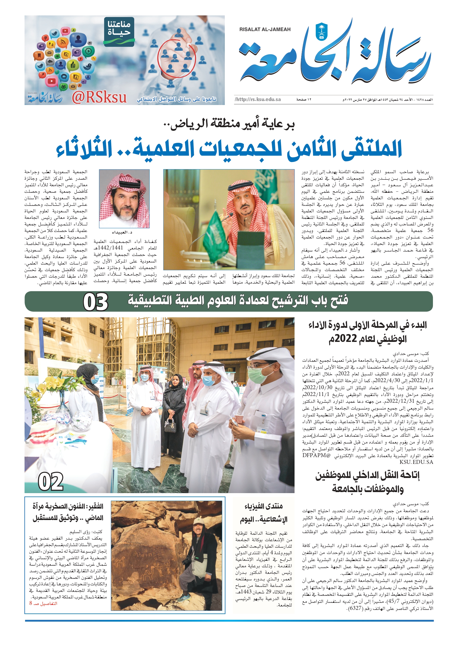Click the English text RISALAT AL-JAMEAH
(265, 29)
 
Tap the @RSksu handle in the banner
(99, 97)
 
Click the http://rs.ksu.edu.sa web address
(258, 99)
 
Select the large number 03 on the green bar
(96, 302)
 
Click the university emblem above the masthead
(322, 31)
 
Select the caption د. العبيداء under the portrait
(122, 232)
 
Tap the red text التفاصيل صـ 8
(43, 603)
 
